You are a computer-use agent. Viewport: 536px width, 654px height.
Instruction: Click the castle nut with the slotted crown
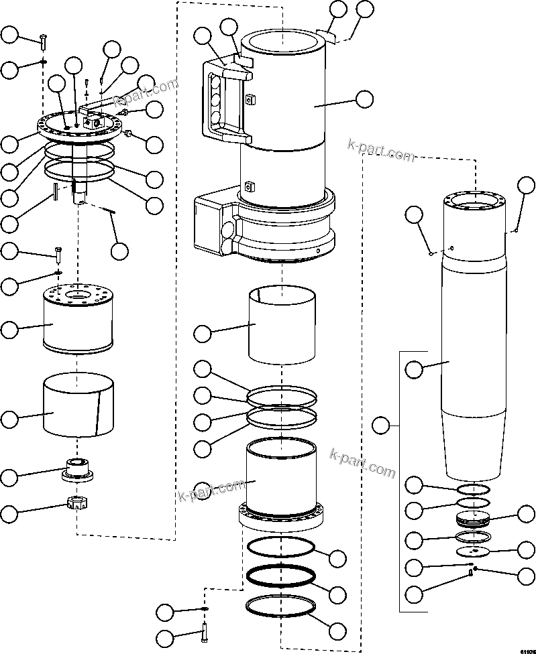(79, 502)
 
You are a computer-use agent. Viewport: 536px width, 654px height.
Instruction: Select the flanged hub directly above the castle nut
(78, 468)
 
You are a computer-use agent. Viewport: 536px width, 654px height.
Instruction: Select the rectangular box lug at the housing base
(215, 224)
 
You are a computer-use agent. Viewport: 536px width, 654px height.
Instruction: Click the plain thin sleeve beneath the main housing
(280, 324)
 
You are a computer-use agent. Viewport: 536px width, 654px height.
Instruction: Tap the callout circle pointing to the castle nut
(9, 514)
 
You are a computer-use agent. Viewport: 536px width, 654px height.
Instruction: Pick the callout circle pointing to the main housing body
(364, 99)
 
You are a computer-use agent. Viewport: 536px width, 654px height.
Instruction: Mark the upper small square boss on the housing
(250, 101)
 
